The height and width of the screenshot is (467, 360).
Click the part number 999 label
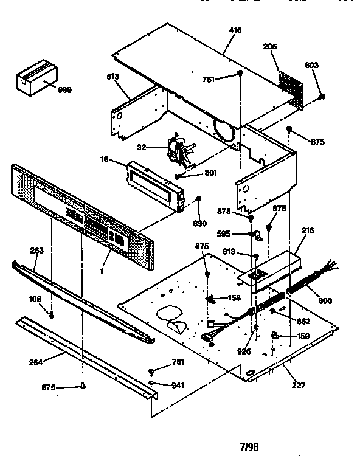tap(64, 90)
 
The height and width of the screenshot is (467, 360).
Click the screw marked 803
tap(322, 96)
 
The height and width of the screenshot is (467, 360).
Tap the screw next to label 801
tap(177, 176)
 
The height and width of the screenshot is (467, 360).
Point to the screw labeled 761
tap(241, 74)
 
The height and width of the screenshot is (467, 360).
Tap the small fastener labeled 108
tap(52, 315)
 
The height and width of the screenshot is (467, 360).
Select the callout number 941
tap(177, 384)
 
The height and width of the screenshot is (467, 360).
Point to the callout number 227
tap(298, 385)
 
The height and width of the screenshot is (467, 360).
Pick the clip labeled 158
tap(213, 299)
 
